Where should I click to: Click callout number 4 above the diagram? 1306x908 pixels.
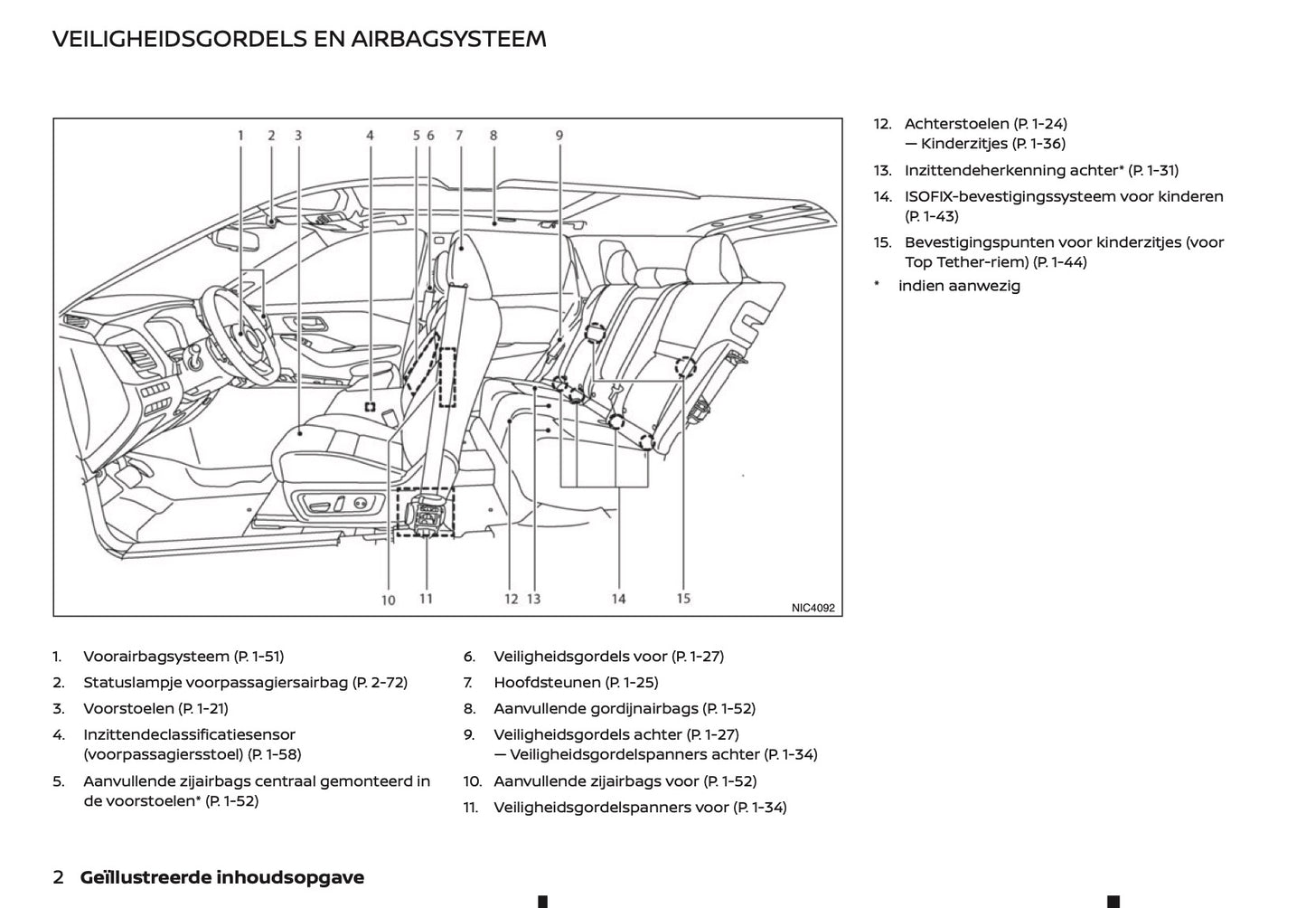[370, 136]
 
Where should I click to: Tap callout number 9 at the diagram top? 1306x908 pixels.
[559, 136]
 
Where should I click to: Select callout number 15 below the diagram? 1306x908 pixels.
[683, 598]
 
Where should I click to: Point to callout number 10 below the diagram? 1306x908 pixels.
[388, 600]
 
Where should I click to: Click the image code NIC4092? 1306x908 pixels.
[813, 608]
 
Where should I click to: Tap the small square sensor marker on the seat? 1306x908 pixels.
[370, 407]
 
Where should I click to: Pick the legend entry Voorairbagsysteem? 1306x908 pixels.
[156, 657]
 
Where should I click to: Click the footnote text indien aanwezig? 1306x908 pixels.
[959, 286]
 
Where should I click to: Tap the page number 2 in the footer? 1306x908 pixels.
[59, 877]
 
